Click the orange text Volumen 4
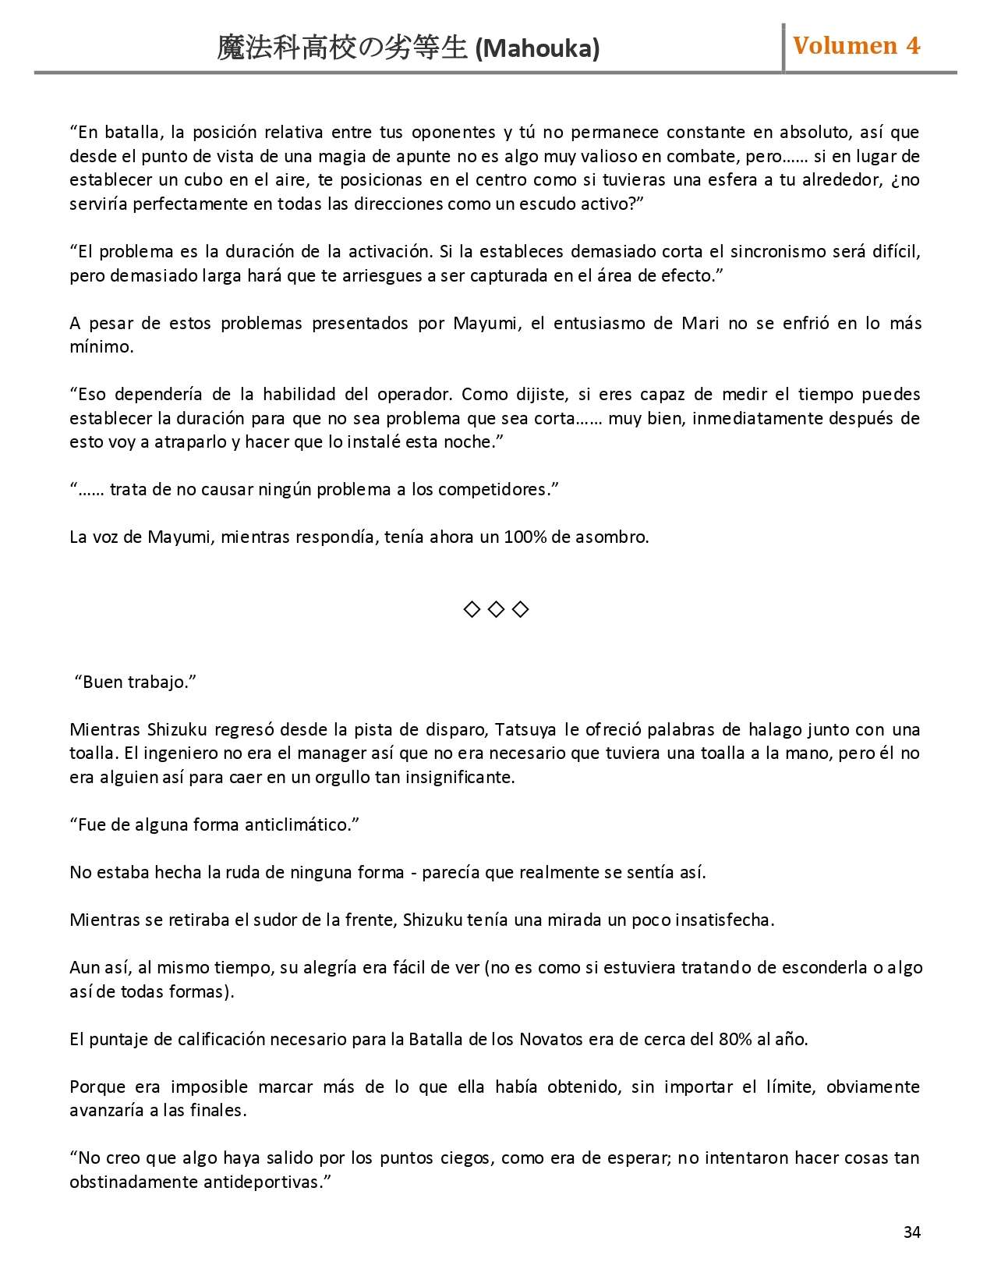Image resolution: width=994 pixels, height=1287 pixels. point(856,46)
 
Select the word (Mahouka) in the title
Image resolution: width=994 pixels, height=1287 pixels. point(537,49)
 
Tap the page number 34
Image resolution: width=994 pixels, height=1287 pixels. point(911,1232)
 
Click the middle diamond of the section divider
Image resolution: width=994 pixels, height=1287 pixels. point(496,609)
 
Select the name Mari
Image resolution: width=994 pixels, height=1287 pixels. point(699,323)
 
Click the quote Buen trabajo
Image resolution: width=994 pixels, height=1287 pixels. point(135,682)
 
